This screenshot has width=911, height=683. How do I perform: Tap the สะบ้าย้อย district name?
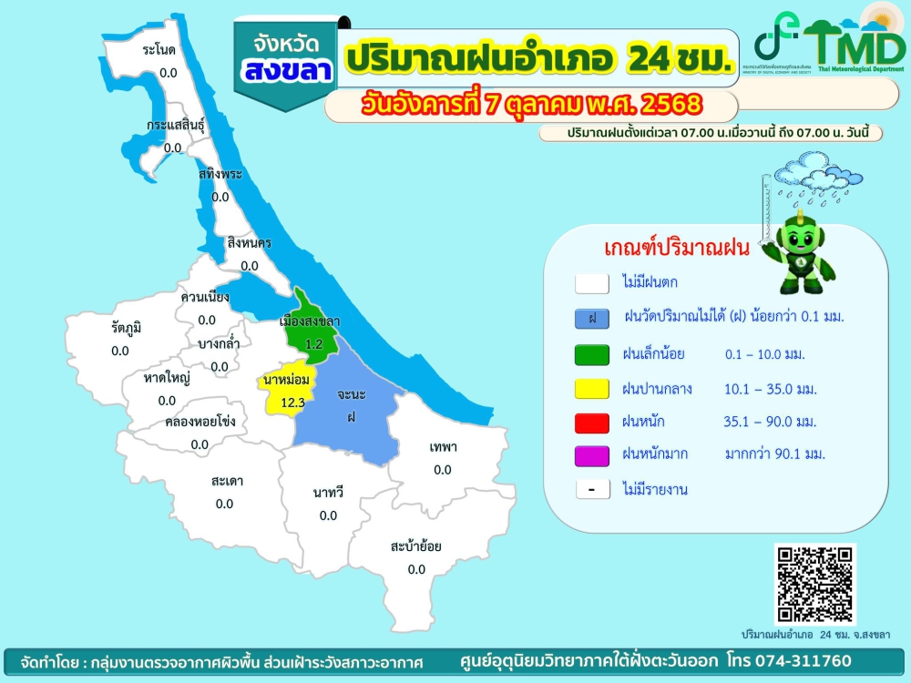point(416,546)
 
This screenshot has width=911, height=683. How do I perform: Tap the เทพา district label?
point(443,447)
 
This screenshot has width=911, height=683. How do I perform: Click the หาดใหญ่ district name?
point(167,377)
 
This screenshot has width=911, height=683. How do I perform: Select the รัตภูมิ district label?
point(127,327)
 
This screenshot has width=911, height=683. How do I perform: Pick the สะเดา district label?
point(227,480)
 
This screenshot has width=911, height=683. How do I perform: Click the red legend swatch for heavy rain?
point(592,422)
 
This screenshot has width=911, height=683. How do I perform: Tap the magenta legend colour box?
point(592,454)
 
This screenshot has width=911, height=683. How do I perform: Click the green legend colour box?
point(592,354)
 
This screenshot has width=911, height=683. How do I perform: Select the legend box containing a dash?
point(592,489)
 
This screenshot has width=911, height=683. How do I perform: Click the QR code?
point(814,585)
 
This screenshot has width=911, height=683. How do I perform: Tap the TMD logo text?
point(852,43)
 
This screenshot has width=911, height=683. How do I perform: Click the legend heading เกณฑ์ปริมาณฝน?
point(676,248)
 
